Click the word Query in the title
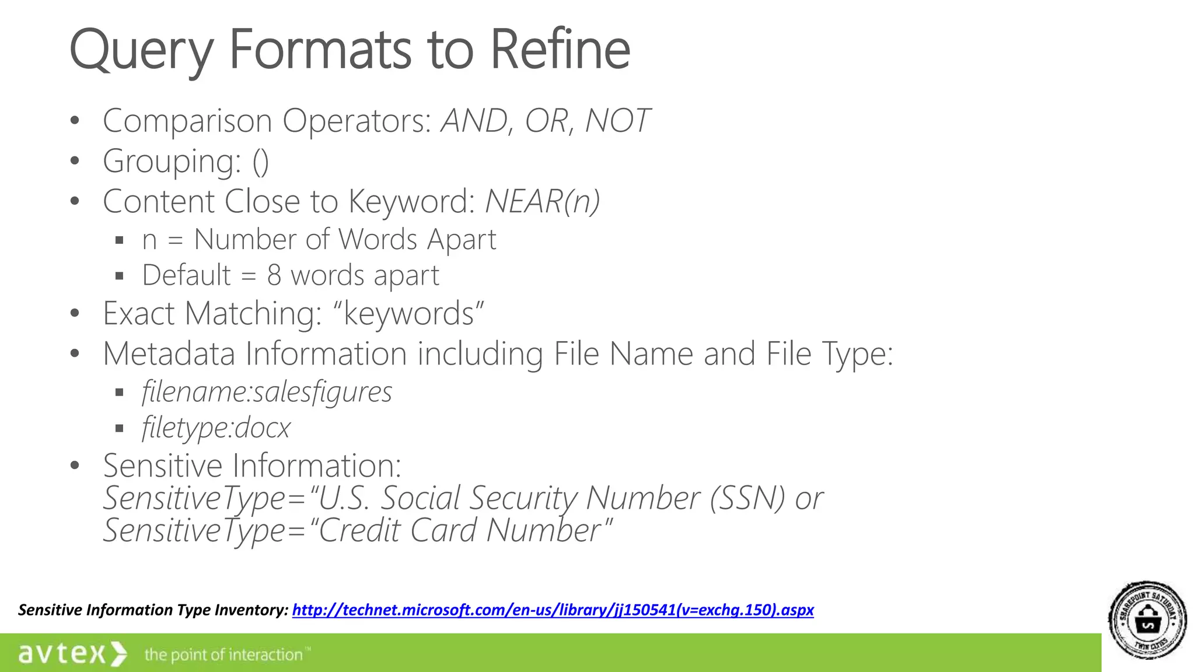[141, 51]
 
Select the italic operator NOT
[617, 121]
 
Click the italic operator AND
[474, 121]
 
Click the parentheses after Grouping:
[261, 162]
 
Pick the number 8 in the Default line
[274, 275]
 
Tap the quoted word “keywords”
[408, 314]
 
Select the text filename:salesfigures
[267, 391]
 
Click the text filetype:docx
[216, 428]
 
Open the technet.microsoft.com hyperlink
[553, 610]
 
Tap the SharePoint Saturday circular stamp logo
[1147, 621]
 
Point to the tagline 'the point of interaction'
[224, 655]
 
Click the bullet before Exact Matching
[75, 314]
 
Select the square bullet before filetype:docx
[120, 429]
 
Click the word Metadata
[169, 354]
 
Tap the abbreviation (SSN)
[747, 498]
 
